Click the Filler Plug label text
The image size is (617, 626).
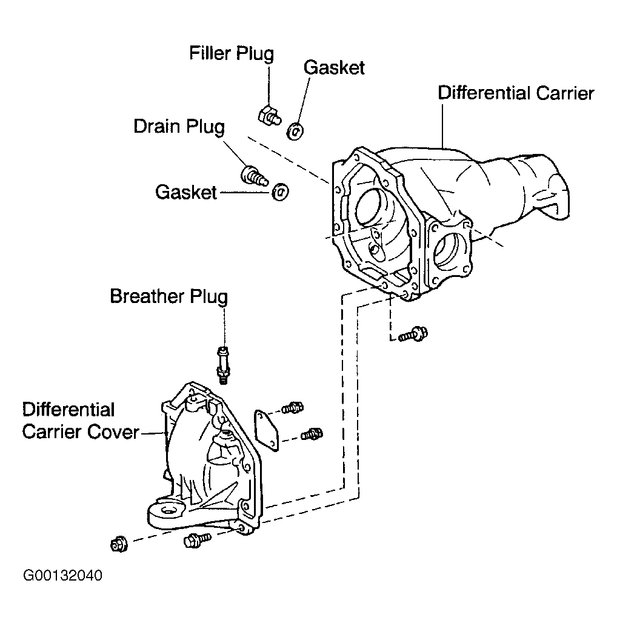pos(232,53)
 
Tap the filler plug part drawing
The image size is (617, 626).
pos(269,116)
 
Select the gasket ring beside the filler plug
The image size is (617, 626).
pos(296,132)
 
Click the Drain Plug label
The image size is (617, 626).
pos(179,127)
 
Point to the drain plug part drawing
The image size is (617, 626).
pos(253,176)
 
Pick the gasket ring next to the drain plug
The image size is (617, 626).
pos(281,193)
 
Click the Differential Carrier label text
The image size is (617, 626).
pos(516,93)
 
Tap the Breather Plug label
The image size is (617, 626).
pos(169,296)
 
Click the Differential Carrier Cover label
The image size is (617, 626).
pos(81,421)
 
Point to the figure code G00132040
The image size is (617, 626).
pos(62,575)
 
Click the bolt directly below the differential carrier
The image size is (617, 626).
pos(413,334)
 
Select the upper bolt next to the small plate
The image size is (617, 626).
pos(293,408)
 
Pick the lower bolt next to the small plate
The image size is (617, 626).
pos(312,434)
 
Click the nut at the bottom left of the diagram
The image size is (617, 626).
pos(119,545)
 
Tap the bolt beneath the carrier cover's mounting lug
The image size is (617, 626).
pos(197,541)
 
